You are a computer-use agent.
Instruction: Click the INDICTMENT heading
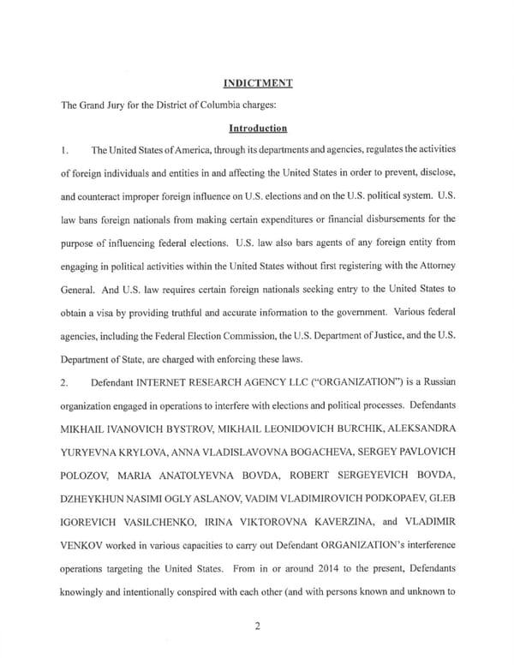click(257, 83)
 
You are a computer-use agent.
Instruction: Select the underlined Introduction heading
click(257, 128)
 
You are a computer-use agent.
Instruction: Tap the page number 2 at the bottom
click(257, 625)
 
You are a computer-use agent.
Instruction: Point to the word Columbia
click(212, 105)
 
